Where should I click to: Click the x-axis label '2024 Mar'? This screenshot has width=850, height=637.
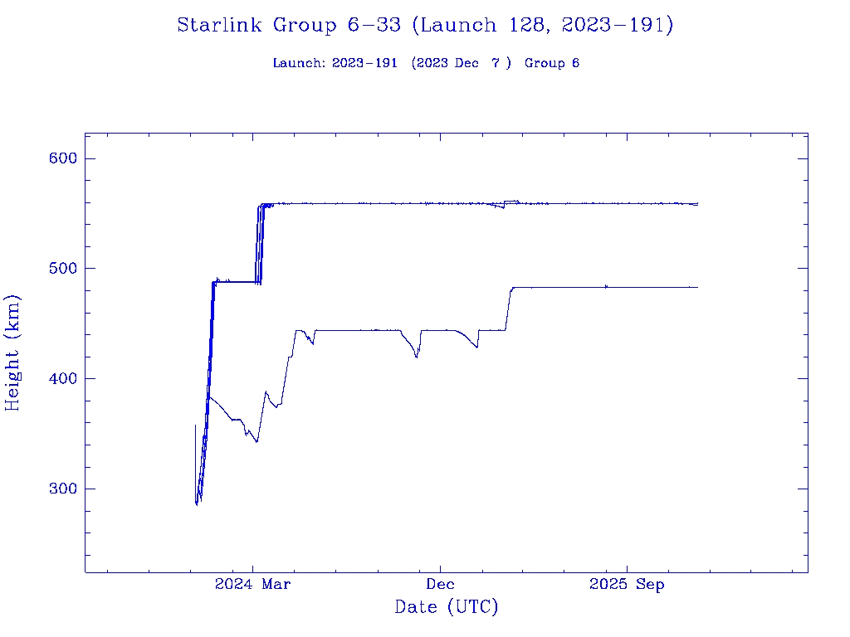tap(253, 585)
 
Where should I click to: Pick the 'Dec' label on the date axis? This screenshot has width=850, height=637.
tap(440, 585)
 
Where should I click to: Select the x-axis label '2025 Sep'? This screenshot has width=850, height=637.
tap(627, 585)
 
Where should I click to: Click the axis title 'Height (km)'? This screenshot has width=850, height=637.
tap(13, 353)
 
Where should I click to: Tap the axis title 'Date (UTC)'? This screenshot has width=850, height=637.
tap(447, 608)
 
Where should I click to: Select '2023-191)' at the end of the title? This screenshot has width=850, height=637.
tap(618, 26)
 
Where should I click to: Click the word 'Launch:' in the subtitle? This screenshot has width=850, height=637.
tap(300, 63)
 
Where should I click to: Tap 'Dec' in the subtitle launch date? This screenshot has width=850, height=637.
tap(467, 63)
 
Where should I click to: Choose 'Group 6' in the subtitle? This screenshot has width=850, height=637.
tap(552, 63)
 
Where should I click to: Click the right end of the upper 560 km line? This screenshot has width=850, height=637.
tap(697, 203)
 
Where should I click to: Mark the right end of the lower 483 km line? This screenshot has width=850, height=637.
tap(697, 287)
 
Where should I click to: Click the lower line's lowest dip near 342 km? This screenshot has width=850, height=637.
tap(256, 441)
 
